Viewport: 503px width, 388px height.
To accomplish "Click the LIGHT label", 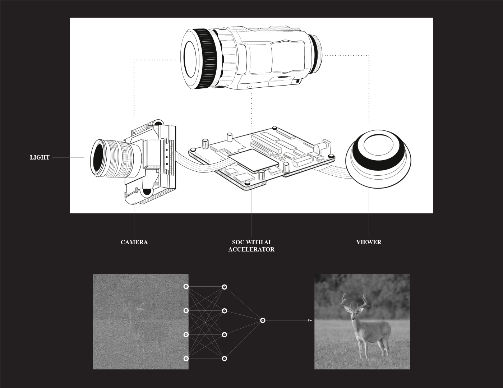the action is pos(40,157).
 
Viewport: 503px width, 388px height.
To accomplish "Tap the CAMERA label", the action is pos(134,242).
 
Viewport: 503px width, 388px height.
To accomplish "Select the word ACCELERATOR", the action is pos(251,249).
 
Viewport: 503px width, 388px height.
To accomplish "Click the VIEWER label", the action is pos(369,242).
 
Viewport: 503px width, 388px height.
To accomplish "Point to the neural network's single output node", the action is pos(263,320).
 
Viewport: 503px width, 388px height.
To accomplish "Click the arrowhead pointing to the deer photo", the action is pos(310,320).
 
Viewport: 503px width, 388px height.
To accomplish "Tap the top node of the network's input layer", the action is pos(186,287).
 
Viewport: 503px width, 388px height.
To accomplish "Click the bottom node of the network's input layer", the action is pos(186,359).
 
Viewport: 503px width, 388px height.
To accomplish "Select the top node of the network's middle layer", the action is pos(224,287).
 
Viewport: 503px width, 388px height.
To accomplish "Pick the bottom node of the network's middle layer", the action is pos(224,359).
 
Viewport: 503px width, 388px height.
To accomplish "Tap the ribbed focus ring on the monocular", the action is pos(206,59).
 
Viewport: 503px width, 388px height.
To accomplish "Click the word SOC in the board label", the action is pos(238,242).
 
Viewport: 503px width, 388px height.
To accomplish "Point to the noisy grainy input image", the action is pos(140,322).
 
